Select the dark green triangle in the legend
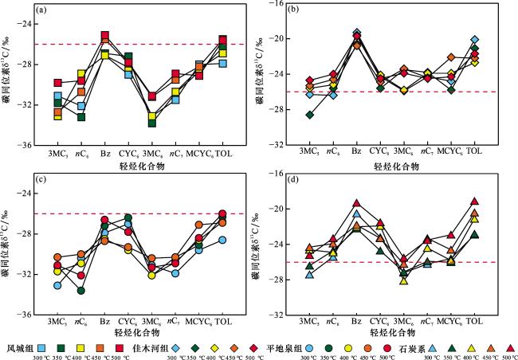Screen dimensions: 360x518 [x=451, y=347]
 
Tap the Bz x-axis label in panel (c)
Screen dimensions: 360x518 [x=104, y=323]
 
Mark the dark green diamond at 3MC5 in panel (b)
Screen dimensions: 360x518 [x=310, y=115]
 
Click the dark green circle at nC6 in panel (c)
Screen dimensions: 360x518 [x=81, y=291]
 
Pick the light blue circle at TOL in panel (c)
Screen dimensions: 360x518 [x=222, y=240]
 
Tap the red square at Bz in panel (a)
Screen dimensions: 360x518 [x=105, y=36]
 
